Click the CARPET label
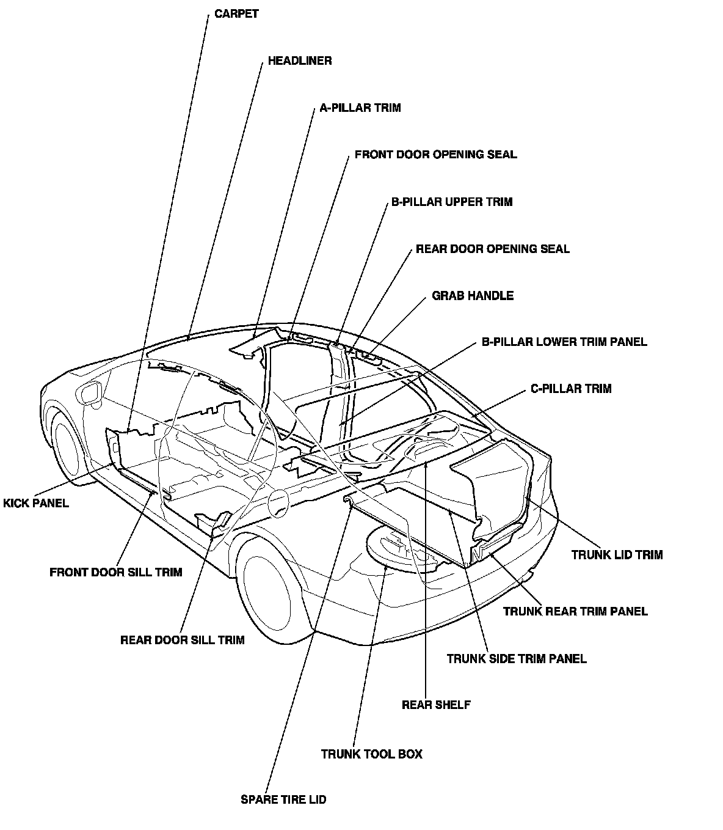point(236,14)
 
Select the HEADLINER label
point(300,61)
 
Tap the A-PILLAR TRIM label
point(360,108)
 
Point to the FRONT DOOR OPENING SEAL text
point(435,155)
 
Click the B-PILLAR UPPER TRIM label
point(451,202)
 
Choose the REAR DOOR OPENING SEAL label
point(492,249)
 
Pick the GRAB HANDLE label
point(473,296)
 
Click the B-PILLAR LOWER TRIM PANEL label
point(564,342)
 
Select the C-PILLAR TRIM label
point(570,389)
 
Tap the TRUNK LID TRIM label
point(617,555)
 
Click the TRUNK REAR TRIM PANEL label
point(575,611)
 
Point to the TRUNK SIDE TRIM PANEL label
point(517,659)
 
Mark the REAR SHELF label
point(436,705)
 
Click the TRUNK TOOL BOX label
point(371,754)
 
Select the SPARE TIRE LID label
point(283,799)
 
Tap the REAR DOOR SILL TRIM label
point(182,641)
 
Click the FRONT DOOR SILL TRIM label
point(115,573)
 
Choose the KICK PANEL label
point(36,504)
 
